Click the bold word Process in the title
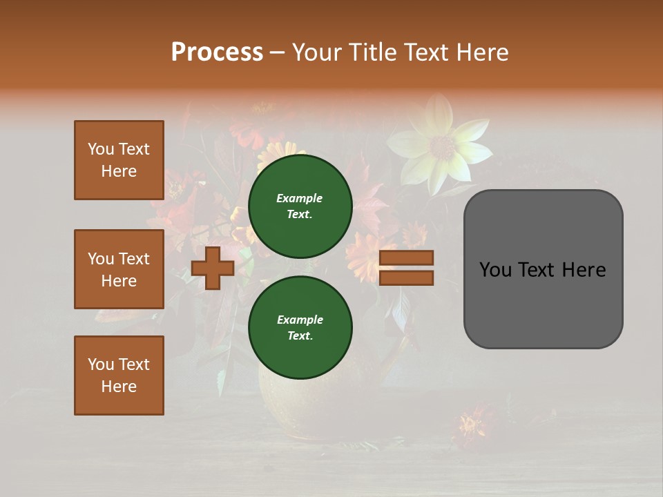coord(217,52)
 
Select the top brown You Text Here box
coord(119,160)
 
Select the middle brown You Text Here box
coord(119,269)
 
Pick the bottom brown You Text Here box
coord(119,376)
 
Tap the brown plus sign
coord(213,268)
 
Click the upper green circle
coord(300,206)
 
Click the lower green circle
coord(300,328)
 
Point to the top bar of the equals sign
coord(406,258)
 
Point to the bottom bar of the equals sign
coord(406,278)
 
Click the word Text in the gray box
coord(543,270)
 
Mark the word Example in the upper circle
coord(299,198)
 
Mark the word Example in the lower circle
coord(300,320)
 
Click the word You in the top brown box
coord(100,149)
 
